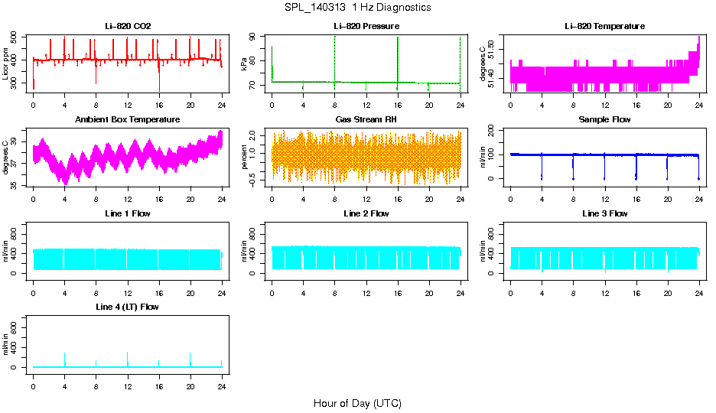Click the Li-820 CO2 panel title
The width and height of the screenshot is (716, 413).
coord(128,27)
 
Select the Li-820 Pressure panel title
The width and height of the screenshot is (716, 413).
coord(366,27)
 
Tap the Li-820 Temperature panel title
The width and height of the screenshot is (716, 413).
coord(604,27)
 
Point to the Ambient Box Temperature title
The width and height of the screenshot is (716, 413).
coord(128,120)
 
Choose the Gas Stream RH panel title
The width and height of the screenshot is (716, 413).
coord(366,120)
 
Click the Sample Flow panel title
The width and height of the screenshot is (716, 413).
coord(604,120)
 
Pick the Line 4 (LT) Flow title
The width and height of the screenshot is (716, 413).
coord(128,307)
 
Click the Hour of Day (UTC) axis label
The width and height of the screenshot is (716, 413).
coord(357,403)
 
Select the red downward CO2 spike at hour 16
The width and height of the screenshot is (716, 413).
coord(159,82)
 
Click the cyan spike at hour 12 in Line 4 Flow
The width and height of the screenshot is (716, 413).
coord(128,356)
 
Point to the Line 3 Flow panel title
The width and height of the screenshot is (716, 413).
coord(604,213)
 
